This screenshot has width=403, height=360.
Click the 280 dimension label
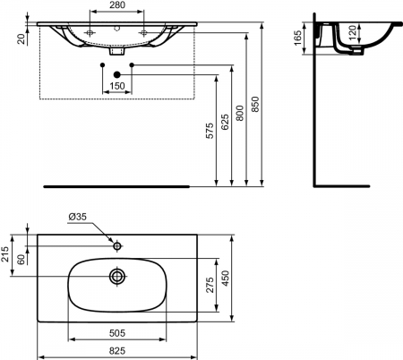point(117,5)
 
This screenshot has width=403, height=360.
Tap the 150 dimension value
point(117,86)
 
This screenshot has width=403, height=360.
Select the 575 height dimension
point(210,131)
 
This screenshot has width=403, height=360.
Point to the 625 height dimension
point(226,122)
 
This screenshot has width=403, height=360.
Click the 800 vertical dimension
point(240,113)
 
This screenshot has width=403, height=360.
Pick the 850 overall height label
point(255,104)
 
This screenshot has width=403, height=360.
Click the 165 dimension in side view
point(298,38)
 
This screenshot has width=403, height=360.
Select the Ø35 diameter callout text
point(77,217)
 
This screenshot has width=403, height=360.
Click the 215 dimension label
point(5,254)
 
